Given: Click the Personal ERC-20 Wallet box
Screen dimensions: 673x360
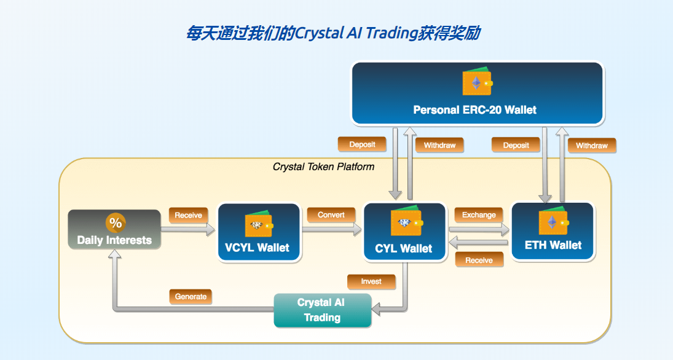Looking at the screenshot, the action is tap(478, 93).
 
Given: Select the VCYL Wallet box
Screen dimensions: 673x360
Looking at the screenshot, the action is tap(259, 232).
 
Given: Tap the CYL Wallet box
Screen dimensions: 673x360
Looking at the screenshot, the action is tap(405, 232).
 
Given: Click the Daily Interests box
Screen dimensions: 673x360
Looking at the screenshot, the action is tap(114, 230).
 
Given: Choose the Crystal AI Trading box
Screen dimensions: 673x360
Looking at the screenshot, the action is tap(322, 310).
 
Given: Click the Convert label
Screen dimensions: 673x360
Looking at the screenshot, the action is tap(331, 215).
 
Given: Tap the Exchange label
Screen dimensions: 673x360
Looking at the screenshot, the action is tap(479, 215).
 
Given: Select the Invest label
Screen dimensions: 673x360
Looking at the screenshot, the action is tap(371, 281).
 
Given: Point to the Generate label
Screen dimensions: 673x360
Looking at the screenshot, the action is tap(191, 297).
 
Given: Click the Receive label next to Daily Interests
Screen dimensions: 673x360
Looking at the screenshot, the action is tap(188, 216).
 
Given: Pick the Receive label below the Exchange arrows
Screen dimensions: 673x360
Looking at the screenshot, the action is tap(479, 260).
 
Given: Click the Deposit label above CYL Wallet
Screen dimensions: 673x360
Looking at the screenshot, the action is tap(362, 144).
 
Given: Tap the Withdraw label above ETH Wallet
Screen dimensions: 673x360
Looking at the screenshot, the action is tap(592, 146).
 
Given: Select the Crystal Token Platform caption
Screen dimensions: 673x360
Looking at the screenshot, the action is tap(323, 166).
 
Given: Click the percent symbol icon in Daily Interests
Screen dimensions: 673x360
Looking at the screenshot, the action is tap(116, 222).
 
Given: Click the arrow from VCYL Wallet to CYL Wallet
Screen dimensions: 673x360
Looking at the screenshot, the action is tap(331, 230).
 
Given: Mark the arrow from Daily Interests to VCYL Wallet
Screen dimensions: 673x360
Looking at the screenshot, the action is tap(187, 230).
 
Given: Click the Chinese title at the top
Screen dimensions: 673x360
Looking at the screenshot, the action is tap(333, 33).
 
